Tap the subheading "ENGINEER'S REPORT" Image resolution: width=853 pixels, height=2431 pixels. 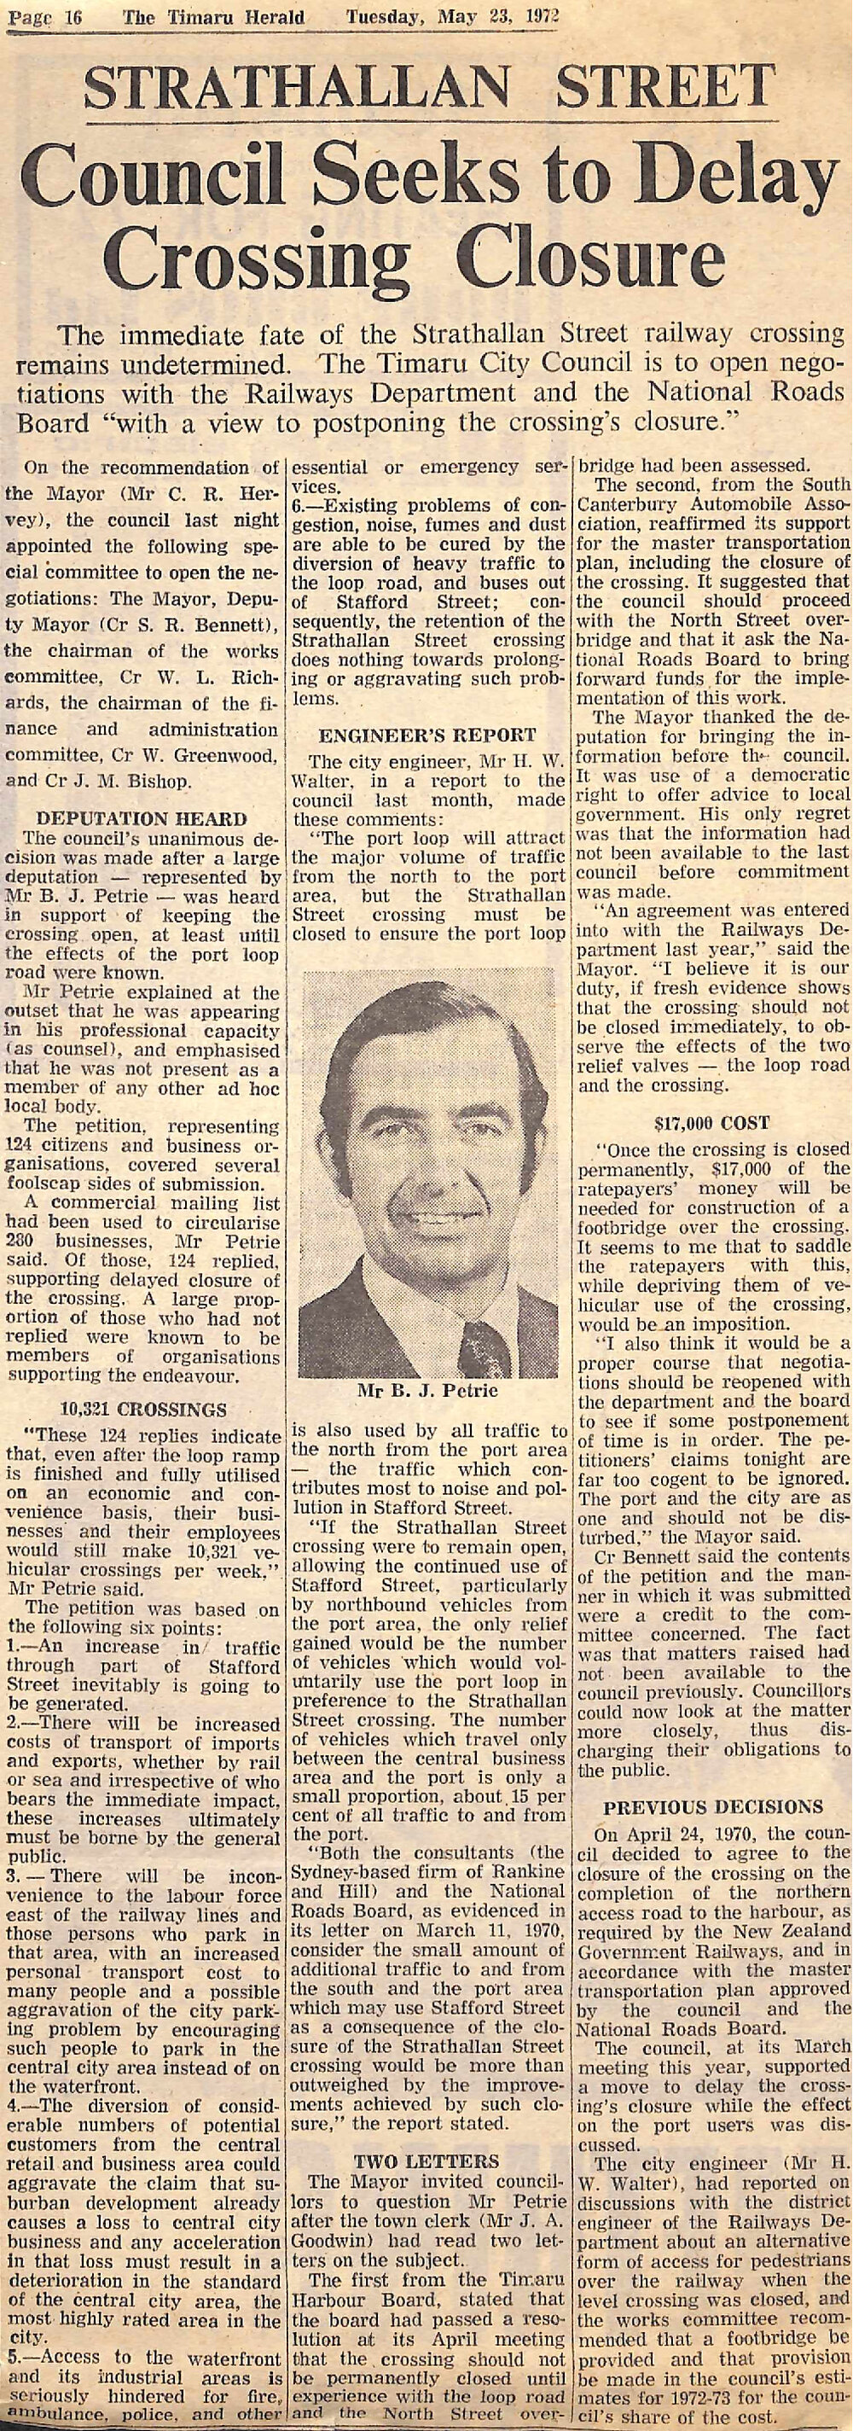(427, 736)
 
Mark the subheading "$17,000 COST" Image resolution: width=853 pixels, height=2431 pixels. (712, 1123)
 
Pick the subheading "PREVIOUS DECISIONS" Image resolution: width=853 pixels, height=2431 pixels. (712, 1807)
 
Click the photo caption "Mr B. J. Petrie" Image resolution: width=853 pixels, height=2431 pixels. (427, 1391)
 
